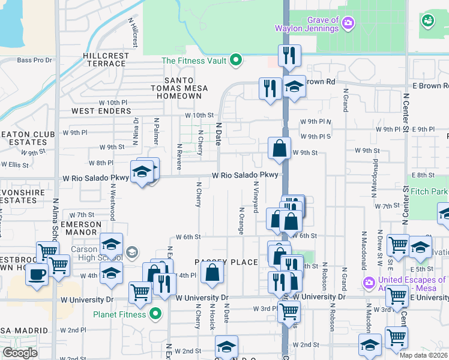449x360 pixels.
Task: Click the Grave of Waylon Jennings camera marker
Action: click(x=348, y=23)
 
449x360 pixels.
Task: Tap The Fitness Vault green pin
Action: click(x=236, y=60)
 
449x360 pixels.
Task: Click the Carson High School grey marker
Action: click(x=131, y=251)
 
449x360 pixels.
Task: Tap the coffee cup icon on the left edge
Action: click(x=37, y=275)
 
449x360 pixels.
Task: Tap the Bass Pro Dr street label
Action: click(x=35, y=60)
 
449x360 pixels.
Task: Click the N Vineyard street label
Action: click(x=256, y=197)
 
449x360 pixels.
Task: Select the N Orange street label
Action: click(x=241, y=220)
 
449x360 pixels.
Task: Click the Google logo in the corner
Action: click(x=20, y=353)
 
